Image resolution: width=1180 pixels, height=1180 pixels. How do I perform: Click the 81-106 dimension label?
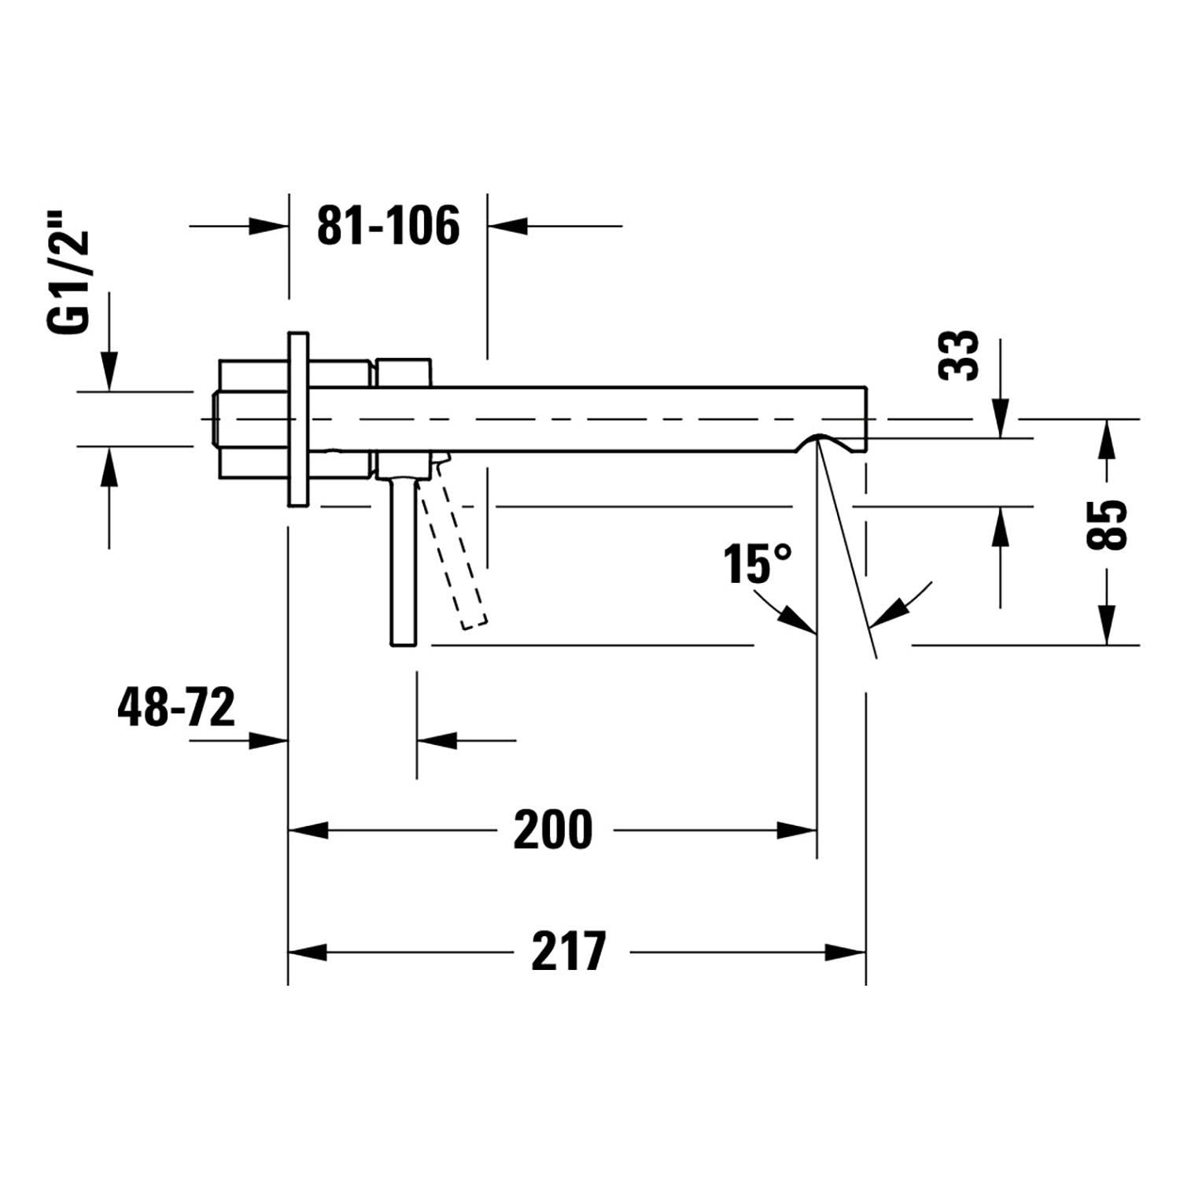[x=388, y=226]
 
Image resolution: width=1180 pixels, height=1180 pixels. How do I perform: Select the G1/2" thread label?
[x=69, y=283]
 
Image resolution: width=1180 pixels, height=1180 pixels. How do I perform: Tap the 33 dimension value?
[x=959, y=355]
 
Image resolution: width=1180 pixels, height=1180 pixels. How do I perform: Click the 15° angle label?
[x=758, y=563]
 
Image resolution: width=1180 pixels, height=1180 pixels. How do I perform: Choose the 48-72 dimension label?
[x=176, y=706]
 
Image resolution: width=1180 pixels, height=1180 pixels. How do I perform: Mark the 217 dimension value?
[x=570, y=951]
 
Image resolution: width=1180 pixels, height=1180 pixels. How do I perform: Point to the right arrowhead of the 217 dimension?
[x=848, y=952]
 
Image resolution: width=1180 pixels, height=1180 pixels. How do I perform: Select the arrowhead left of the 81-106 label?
[x=268, y=226]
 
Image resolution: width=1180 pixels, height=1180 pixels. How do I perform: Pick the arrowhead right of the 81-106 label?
[x=507, y=226]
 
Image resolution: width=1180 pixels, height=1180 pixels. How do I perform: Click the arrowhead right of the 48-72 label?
[x=268, y=739]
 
